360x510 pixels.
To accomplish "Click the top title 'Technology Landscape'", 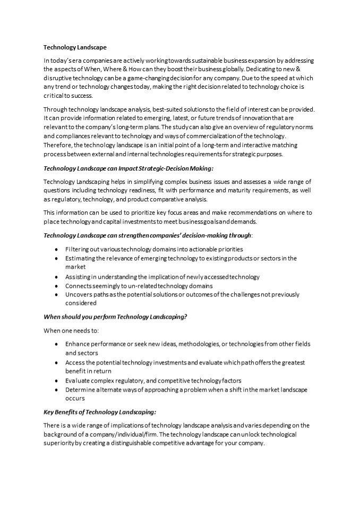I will pyautogui.click(x=74, y=47).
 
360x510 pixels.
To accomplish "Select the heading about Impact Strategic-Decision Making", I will pyautogui.click(x=128, y=168).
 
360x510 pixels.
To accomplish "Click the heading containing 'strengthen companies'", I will pyautogui.click(x=148, y=235).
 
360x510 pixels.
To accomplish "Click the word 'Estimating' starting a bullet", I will pyautogui.click(x=81, y=258).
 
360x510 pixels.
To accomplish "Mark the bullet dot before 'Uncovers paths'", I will pyautogui.click(x=57, y=295).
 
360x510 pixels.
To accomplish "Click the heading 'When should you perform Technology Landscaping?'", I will pyautogui.click(x=115, y=317).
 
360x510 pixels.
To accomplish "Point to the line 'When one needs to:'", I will pyautogui.click(x=67, y=330).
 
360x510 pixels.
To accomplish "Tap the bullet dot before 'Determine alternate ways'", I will pyautogui.click(x=57, y=389).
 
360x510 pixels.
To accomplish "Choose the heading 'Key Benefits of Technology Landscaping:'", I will pyautogui.click(x=99, y=412).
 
